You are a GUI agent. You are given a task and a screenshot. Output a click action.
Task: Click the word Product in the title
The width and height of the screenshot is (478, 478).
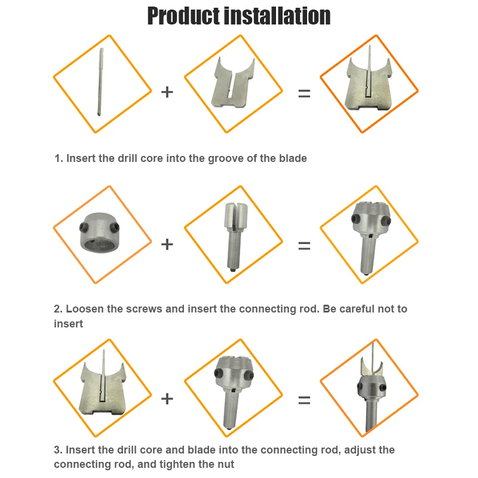tap(183, 16)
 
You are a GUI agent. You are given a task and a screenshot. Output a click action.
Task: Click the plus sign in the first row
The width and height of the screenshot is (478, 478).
tap(167, 92)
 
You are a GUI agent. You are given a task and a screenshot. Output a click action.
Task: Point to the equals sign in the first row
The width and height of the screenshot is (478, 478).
tap(305, 93)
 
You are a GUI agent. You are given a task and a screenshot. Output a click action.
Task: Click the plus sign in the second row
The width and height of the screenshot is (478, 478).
tap(167, 244)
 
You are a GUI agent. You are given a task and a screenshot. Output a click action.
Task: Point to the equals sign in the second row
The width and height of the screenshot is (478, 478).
tap(305, 246)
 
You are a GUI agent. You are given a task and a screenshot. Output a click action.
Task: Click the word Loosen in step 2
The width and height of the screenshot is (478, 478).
tap(85, 310)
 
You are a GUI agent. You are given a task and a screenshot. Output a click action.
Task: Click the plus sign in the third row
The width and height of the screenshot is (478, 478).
tap(167, 398)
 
